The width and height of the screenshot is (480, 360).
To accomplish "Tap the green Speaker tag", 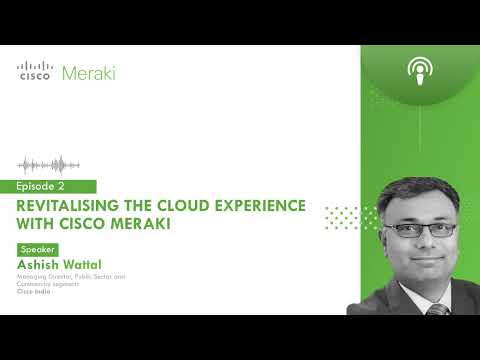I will point(37,249).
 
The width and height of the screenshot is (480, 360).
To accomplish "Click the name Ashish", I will point(38,263).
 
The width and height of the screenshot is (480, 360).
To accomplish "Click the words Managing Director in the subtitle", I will point(44,275).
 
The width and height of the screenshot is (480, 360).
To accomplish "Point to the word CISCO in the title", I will point(100,224).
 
